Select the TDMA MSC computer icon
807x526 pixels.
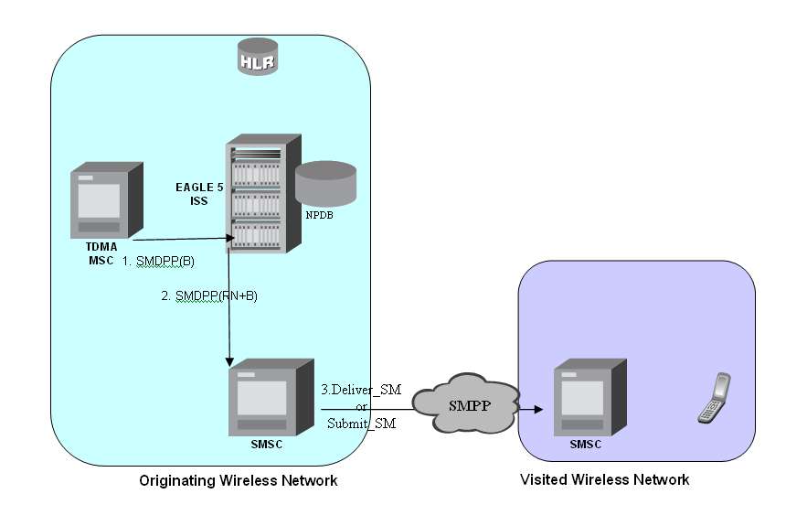[107, 200]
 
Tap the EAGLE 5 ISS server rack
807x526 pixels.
[262, 194]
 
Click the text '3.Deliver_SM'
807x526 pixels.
[360, 390]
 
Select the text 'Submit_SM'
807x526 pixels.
[361, 423]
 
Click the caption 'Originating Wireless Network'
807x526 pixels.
[238, 480]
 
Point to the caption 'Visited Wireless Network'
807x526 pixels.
[604, 479]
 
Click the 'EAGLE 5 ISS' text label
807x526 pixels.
[199, 193]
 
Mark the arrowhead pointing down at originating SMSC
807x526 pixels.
[228, 359]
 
